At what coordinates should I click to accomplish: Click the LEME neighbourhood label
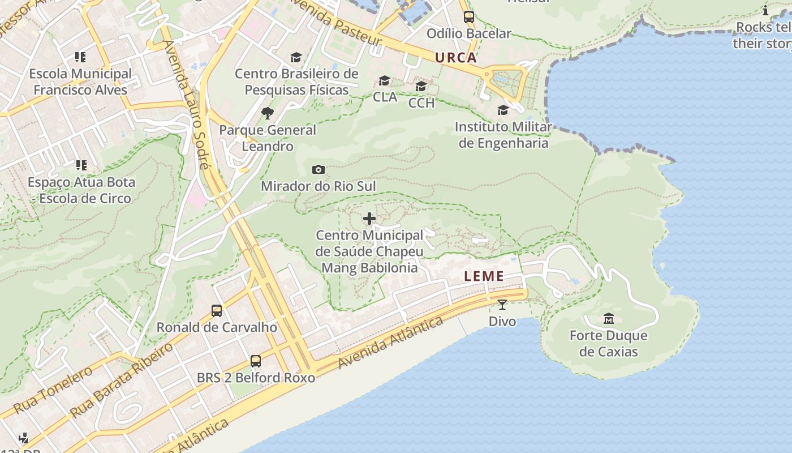484,276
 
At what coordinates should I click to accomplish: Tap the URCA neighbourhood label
455,58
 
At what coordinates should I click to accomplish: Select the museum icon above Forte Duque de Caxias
608,318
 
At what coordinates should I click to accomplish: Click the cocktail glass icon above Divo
502,305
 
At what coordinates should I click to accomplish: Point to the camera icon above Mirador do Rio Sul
318,169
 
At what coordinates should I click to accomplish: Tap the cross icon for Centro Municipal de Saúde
369,219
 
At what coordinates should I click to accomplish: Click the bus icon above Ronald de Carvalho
217,310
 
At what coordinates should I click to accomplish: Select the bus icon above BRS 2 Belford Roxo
256,361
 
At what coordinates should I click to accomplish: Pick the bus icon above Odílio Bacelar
469,17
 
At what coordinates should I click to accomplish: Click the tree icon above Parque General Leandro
268,113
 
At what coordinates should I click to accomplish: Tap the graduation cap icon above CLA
385,81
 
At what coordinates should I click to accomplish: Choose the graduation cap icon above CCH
421,87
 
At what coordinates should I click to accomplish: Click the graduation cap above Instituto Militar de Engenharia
503,110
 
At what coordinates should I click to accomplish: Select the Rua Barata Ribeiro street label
121,379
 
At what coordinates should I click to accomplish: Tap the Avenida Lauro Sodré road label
186,105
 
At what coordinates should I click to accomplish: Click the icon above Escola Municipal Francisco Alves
80,57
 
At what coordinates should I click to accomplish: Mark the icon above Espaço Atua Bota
81,165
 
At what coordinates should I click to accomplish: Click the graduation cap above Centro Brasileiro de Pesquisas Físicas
296,57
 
